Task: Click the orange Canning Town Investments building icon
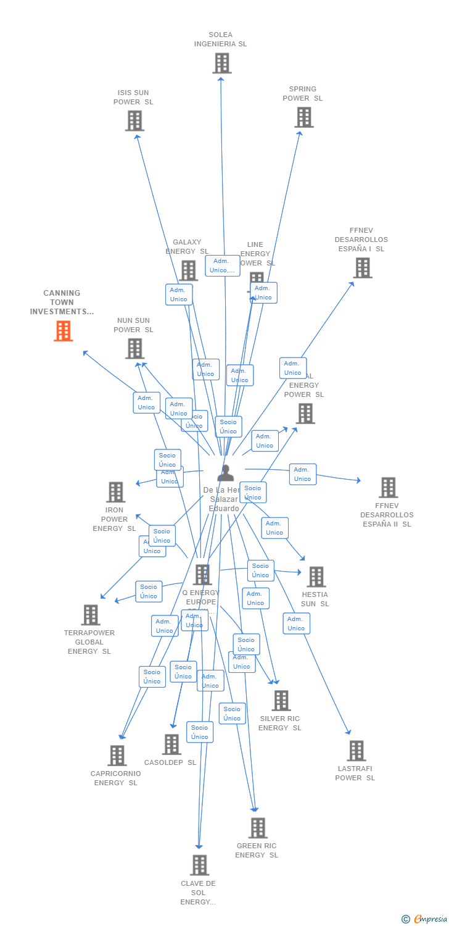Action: pyautogui.click(x=63, y=331)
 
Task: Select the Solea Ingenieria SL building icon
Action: pyautogui.click(x=221, y=63)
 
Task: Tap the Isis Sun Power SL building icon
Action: pyautogui.click(x=134, y=120)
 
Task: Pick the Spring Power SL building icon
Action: pyautogui.click(x=303, y=117)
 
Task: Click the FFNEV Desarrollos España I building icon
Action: pyautogui.click(x=362, y=267)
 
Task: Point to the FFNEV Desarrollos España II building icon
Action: pyautogui.click(x=387, y=487)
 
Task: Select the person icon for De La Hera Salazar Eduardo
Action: pyautogui.click(x=226, y=473)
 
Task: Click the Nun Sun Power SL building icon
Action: pyautogui.click(x=134, y=348)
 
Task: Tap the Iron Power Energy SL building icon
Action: pyautogui.click(x=115, y=492)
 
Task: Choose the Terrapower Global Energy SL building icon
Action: pyautogui.click(x=90, y=615)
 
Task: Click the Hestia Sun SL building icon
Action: pyautogui.click(x=316, y=577)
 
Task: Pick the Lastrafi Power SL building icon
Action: pyautogui.click(x=356, y=751)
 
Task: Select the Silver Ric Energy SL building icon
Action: pyautogui.click(x=281, y=701)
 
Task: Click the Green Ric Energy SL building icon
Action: pyautogui.click(x=257, y=828)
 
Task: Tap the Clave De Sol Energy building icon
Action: pyautogui.click(x=199, y=866)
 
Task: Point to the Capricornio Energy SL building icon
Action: pyautogui.click(x=117, y=756)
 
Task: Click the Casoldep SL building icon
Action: pyautogui.click(x=171, y=745)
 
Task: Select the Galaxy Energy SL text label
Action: pyautogui.click(x=187, y=247)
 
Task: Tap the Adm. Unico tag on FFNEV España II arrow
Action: pyautogui.click(x=302, y=474)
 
